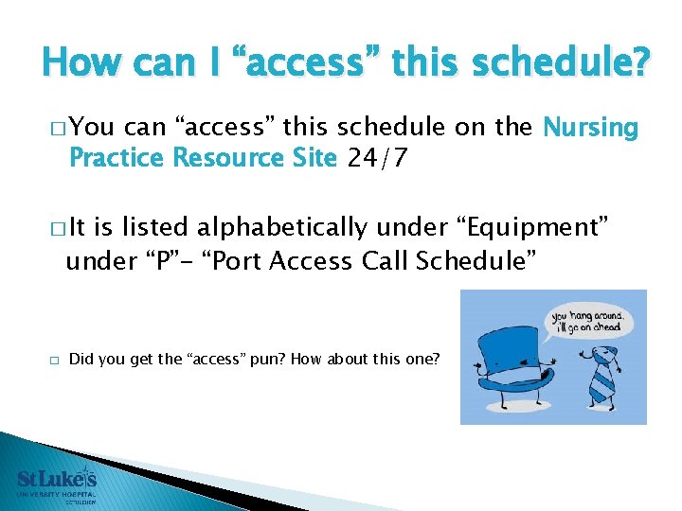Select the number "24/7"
pyautogui.click(x=378, y=158)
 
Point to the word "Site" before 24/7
pyautogui.click(x=313, y=158)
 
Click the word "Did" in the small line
pyautogui.click(x=81, y=360)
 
